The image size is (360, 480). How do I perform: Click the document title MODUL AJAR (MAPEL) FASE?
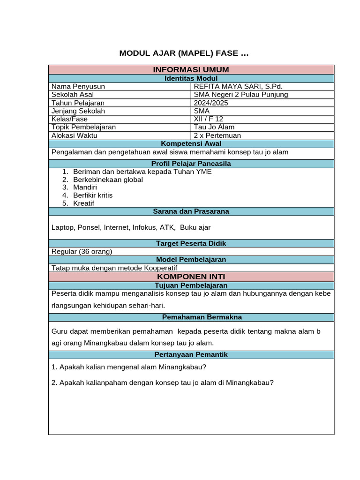184,53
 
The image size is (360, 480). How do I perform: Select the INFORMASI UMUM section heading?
191,70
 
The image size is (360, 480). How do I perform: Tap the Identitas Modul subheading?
191,78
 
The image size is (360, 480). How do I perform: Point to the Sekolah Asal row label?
73,95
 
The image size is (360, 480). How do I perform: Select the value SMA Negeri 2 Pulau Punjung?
241,95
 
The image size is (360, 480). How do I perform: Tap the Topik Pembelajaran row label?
83,127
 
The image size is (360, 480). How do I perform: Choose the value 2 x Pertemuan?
217,135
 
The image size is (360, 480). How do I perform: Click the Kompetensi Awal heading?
191,143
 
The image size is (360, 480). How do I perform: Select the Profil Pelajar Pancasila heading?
191,164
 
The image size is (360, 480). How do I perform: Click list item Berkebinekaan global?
108,180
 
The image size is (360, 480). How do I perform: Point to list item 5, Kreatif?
83,203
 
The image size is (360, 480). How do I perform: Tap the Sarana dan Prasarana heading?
191,211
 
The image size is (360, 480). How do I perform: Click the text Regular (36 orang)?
82,251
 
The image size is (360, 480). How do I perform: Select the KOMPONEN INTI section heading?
191,277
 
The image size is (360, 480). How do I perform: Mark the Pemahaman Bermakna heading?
191,317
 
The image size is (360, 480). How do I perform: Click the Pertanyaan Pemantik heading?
191,355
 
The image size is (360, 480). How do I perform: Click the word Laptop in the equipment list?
62,227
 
